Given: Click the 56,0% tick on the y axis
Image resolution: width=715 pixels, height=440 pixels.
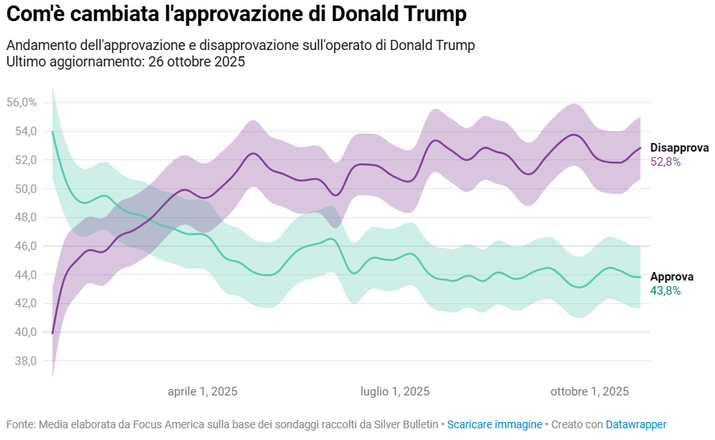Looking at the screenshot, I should (22, 102).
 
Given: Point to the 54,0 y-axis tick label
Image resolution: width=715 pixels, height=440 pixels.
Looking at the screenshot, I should (22, 131).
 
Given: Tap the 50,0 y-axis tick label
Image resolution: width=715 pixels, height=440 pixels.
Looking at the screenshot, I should (22, 188).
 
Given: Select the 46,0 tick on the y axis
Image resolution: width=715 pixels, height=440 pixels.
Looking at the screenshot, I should (22, 246).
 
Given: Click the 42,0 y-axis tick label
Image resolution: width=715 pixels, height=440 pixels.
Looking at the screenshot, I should (22, 303).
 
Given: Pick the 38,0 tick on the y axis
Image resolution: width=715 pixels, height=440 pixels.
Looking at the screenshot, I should (22, 361).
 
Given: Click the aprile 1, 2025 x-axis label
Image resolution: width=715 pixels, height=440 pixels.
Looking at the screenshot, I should (203, 392).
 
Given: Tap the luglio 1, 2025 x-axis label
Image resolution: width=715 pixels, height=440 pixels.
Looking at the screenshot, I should (395, 392).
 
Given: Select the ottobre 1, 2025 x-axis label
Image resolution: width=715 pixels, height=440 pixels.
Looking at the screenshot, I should (589, 392).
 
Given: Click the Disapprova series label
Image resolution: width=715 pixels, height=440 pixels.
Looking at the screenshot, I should (679, 148).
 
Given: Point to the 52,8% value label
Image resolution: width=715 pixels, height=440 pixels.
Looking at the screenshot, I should (666, 162).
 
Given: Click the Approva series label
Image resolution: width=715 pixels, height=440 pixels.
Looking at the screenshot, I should (671, 277).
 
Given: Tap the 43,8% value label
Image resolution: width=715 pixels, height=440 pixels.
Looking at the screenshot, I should (666, 291).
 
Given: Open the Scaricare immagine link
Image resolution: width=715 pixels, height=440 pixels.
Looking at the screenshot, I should (495, 424).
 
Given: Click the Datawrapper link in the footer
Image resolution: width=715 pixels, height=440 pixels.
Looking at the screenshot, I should (636, 424).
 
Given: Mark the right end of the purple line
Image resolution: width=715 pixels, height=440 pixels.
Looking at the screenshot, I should (641, 148).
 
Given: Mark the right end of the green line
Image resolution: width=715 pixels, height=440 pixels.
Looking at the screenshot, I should (641, 277).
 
